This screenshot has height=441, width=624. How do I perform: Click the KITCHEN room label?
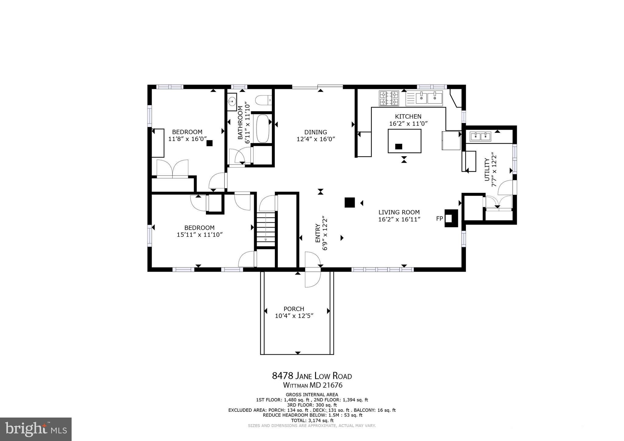(408, 116)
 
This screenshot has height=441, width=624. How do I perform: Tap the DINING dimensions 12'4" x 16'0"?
(316, 139)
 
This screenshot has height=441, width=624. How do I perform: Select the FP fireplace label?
(439, 218)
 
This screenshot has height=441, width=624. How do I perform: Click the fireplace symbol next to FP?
(451, 218)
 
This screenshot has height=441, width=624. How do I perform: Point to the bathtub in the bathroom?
(262, 129)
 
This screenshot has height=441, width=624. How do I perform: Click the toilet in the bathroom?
(263, 100)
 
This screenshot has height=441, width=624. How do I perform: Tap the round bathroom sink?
(232, 101)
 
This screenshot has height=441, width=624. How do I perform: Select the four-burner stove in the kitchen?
(389, 98)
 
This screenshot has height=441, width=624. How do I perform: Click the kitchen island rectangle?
(404, 141)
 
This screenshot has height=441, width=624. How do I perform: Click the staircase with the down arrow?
(266, 229)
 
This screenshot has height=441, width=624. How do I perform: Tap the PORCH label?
(294, 309)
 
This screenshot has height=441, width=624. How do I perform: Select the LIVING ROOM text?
(399, 212)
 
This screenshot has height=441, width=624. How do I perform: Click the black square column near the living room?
(349, 203)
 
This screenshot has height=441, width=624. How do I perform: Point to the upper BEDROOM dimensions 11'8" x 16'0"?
(187, 139)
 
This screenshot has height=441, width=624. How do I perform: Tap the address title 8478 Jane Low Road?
(312, 376)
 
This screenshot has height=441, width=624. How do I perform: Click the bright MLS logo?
(36, 429)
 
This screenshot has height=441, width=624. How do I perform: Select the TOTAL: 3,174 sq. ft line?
(312, 421)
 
